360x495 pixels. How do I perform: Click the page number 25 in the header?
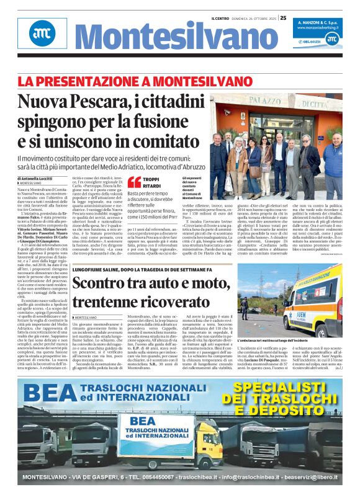pos(283,18)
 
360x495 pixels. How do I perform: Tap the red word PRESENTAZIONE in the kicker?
pos(91,81)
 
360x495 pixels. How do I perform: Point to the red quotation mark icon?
pos(134,182)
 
